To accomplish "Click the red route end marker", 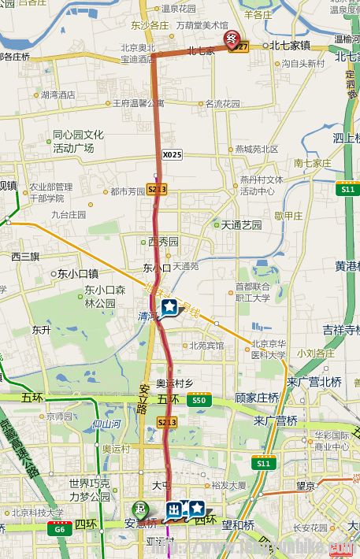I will (232, 39).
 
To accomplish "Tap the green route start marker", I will (140, 509).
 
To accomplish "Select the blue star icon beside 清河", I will (169, 305).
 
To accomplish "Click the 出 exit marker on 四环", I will (175, 511).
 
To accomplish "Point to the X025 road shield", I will (172, 154).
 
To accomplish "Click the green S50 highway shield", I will (199, 401).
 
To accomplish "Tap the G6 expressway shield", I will (59, 530).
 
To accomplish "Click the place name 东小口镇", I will (77, 274).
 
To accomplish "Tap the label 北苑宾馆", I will (206, 345).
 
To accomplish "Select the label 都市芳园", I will (127, 191).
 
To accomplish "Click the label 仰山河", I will (106, 424).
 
